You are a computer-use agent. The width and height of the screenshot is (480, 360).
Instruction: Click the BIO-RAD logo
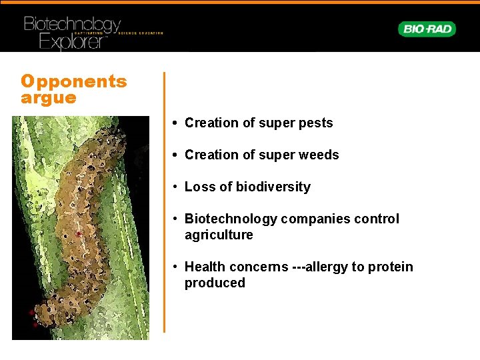[x=427, y=29]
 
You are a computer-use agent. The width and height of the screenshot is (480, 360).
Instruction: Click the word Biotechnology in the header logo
[x=72, y=25]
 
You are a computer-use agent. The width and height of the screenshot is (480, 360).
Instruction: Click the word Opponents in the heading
[x=73, y=82]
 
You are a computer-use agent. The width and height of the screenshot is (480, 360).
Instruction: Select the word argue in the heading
[x=49, y=98]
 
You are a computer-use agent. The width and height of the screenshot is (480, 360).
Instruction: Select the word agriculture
[x=219, y=235]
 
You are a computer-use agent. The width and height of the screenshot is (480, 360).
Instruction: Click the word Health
[x=205, y=267]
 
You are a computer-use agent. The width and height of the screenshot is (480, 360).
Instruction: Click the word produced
[x=215, y=283]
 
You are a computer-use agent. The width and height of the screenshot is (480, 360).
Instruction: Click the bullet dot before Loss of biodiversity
[x=173, y=187]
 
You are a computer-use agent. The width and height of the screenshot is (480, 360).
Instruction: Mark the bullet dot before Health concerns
[x=173, y=267]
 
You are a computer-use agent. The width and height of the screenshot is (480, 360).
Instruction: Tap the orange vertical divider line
[x=164, y=200]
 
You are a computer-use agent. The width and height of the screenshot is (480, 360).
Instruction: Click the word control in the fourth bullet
[x=379, y=219]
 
